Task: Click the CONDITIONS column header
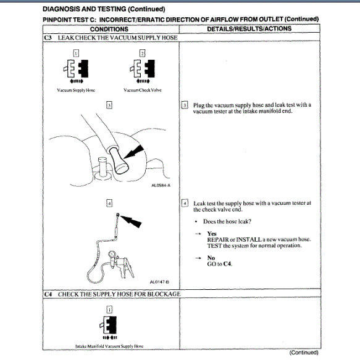coord(109,29)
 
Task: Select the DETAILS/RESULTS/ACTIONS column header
coord(249,29)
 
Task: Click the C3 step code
coord(48,38)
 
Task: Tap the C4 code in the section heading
coord(48,294)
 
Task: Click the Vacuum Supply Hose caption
coord(77,89)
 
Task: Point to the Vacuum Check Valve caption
coord(142,89)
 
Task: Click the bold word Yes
coord(212,234)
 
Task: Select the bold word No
coord(211,257)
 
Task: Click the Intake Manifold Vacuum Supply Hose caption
coord(110,346)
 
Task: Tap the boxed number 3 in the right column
coord(185,105)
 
